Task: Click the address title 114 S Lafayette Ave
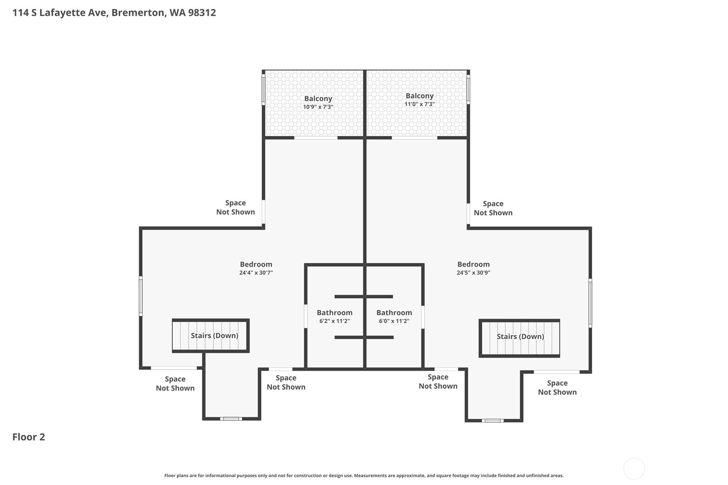(x=114, y=12)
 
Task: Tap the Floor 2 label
(x=29, y=437)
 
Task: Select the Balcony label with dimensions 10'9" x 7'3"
(x=318, y=99)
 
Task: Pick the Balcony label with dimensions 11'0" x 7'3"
(x=419, y=96)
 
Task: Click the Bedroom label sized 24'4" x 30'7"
(x=256, y=265)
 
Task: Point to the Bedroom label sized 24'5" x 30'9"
(x=473, y=265)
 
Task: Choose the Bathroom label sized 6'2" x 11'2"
(x=334, y=313)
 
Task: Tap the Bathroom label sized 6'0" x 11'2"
(x=394, y=313)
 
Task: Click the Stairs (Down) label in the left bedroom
(x=214, y=336)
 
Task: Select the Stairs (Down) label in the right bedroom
(x=520, y=337)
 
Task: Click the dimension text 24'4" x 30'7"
(x=256, y=273)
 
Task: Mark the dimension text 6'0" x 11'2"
(x=394, y=321)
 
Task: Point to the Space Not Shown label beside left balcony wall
(x=235, y=208)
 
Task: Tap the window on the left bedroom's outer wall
(x=141, y=296)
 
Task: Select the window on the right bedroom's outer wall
(x=590, y=303)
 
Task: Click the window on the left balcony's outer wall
(x=263, y=89)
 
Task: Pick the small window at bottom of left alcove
(x=231, y=419)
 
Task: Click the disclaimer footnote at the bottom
(x=364, y=476)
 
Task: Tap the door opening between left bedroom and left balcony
(x=316, y=138)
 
